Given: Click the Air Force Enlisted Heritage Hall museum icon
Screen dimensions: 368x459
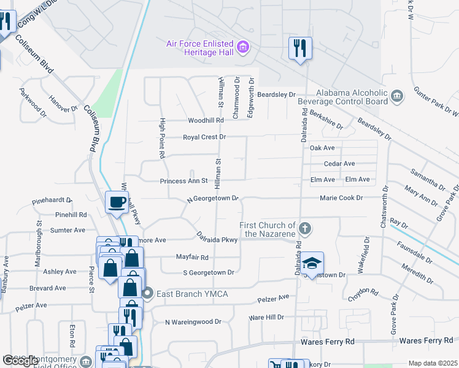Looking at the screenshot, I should click(x=244, y=47).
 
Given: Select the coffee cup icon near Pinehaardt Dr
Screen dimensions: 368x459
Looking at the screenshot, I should click(x=116, y=202).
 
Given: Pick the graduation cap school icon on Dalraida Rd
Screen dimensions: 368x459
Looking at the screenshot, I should click(x=312, y=263).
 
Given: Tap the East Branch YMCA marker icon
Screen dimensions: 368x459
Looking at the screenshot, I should click(x=147, y=294).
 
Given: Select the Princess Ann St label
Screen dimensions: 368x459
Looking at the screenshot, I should click(x=185, y=181).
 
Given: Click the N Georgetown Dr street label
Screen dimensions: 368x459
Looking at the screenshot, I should click(x=212, y=199).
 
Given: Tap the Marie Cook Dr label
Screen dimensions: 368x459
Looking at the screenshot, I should click(x=341, y=197).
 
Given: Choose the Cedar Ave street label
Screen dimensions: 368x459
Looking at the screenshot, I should click(x=339, y=164).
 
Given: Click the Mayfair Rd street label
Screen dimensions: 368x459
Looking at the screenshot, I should click(x=192, y=258).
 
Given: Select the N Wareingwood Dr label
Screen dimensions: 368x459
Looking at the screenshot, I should click(x=193, y=321).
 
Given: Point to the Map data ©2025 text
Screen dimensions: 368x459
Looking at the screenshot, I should click(x=433, y=363).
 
